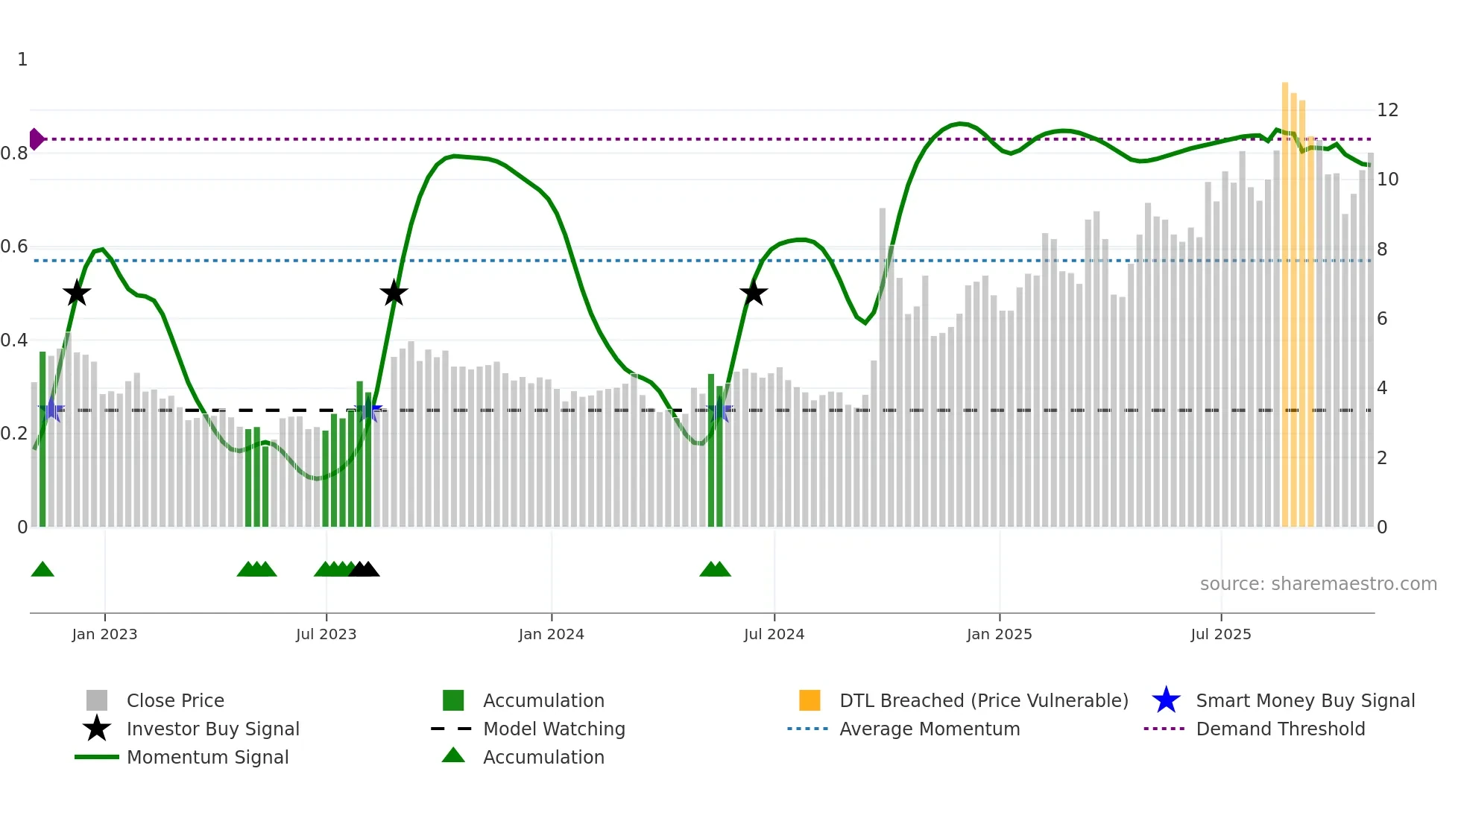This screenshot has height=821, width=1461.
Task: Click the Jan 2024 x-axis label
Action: (551, 634)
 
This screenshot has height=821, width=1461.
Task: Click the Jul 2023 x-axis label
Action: (326, 634)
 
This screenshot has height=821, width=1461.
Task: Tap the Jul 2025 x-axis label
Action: (1220, 634)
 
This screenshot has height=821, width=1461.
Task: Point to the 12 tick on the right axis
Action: (1387, 110)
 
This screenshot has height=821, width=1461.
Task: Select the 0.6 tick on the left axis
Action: (14, 247)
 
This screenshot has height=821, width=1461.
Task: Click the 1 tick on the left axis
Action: (22, 60)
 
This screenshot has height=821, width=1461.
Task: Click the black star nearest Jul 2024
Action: (754, 293)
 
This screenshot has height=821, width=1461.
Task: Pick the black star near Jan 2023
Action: (76, 293)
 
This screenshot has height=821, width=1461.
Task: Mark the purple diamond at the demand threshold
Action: (36, 139)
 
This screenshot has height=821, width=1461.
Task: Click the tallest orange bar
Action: (1285, 298)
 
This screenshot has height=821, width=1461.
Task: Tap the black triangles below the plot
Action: (364, 569)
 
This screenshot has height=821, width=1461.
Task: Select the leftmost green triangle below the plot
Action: (42, 569)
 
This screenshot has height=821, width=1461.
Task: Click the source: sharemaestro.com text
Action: (1318, 584)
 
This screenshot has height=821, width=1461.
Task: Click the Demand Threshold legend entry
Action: (1280, 729)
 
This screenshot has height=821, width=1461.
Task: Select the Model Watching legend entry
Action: (553, 729)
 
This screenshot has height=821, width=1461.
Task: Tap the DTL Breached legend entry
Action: (983, 700)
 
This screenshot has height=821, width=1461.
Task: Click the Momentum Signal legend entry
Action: (207, 757)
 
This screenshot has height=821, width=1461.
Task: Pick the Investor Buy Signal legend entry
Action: (212, 729)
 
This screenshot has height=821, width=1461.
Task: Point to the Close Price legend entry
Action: (174, 700)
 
